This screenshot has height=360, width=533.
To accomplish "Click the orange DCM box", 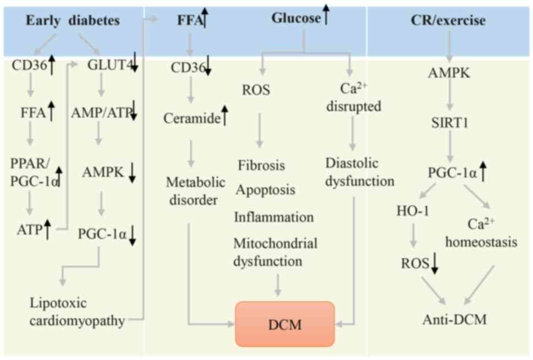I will tap(285, 324).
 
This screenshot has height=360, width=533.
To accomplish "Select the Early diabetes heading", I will tap(72, 21).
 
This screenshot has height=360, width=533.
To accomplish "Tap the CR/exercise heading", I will tap(448, 21).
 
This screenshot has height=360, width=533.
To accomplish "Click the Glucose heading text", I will tap(295, 18).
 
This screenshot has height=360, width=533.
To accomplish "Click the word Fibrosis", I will tap(261, 165).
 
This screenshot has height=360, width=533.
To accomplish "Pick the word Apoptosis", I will tap(266, 190).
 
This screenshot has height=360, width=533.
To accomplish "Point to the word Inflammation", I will tap(274, 216).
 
